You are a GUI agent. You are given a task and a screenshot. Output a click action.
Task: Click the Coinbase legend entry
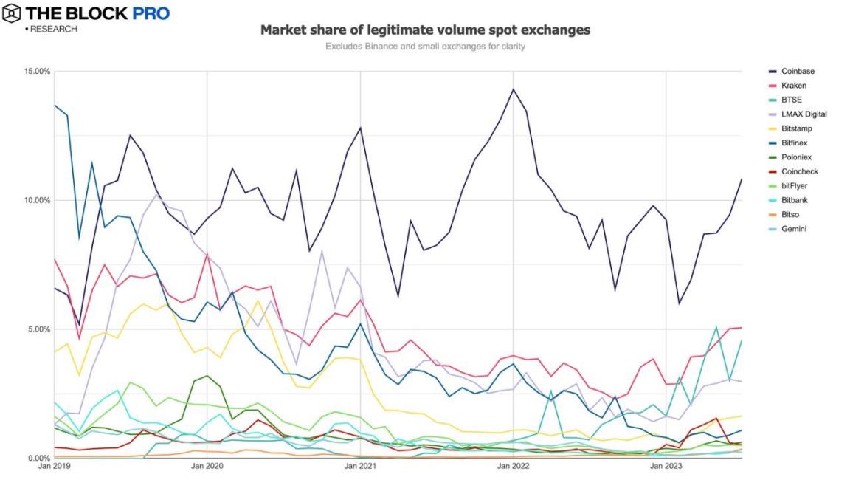tap(797, 72)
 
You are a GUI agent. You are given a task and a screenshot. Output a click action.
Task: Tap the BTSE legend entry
tap(792, 100)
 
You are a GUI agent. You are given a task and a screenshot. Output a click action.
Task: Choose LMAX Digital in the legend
tap(804, 114)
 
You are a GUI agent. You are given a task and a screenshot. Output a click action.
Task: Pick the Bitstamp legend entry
tap(797, 128)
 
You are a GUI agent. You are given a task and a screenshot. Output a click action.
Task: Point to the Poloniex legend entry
tap(797, 157)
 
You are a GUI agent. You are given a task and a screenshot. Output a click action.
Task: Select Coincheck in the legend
tap(799, 171)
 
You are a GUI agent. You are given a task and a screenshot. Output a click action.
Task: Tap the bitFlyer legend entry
tap(795, 186)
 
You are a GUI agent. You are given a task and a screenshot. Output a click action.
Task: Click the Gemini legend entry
tap(794, 229)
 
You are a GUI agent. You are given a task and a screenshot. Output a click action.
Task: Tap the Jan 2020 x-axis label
tap(207, 466)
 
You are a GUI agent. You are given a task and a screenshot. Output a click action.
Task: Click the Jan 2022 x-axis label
tap(514, 466)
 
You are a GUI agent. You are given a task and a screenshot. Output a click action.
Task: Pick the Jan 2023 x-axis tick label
tap(666, 466)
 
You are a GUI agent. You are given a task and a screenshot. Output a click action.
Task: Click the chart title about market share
tap(425, 30)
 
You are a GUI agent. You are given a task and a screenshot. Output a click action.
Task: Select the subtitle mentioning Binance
tap(425, 47)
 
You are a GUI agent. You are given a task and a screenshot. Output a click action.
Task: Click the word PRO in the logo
tap(151, 13)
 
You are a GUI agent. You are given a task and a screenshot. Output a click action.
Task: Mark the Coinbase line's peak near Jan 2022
tap(513, 89)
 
